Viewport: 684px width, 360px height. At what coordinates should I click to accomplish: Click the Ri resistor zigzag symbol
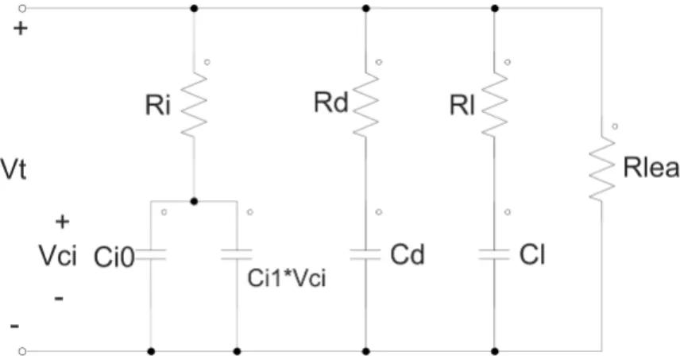(194, 105)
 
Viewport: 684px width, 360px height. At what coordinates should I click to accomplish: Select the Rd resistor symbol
(365, 105)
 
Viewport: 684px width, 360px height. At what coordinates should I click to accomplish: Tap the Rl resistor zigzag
(494, 105)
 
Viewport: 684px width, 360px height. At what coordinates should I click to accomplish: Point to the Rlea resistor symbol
(602, 168)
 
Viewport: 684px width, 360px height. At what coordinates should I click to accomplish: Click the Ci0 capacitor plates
(151, 255)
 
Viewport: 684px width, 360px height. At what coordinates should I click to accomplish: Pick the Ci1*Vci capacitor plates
(237, 255)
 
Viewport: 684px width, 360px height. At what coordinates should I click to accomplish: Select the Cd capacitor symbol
(365, 255)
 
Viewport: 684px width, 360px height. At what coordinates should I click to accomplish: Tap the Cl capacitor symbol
(494, 255)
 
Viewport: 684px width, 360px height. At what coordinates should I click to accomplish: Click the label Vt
(13, 169)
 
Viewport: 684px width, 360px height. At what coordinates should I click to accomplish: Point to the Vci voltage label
(58, 256)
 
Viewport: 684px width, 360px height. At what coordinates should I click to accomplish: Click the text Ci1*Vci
(287, 278)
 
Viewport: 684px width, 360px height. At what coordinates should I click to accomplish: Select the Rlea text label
(651, 168)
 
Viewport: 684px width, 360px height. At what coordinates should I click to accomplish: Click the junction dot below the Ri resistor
(194, 201)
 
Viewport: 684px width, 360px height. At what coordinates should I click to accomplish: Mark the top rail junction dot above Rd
(366, 8)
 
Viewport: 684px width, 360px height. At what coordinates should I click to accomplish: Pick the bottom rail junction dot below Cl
(494, 350)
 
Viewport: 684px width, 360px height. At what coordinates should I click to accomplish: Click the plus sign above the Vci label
(63, 222)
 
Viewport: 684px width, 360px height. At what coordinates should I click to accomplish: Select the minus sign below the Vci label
(59, 299)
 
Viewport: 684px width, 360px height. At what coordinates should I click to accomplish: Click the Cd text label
(408, 254)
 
